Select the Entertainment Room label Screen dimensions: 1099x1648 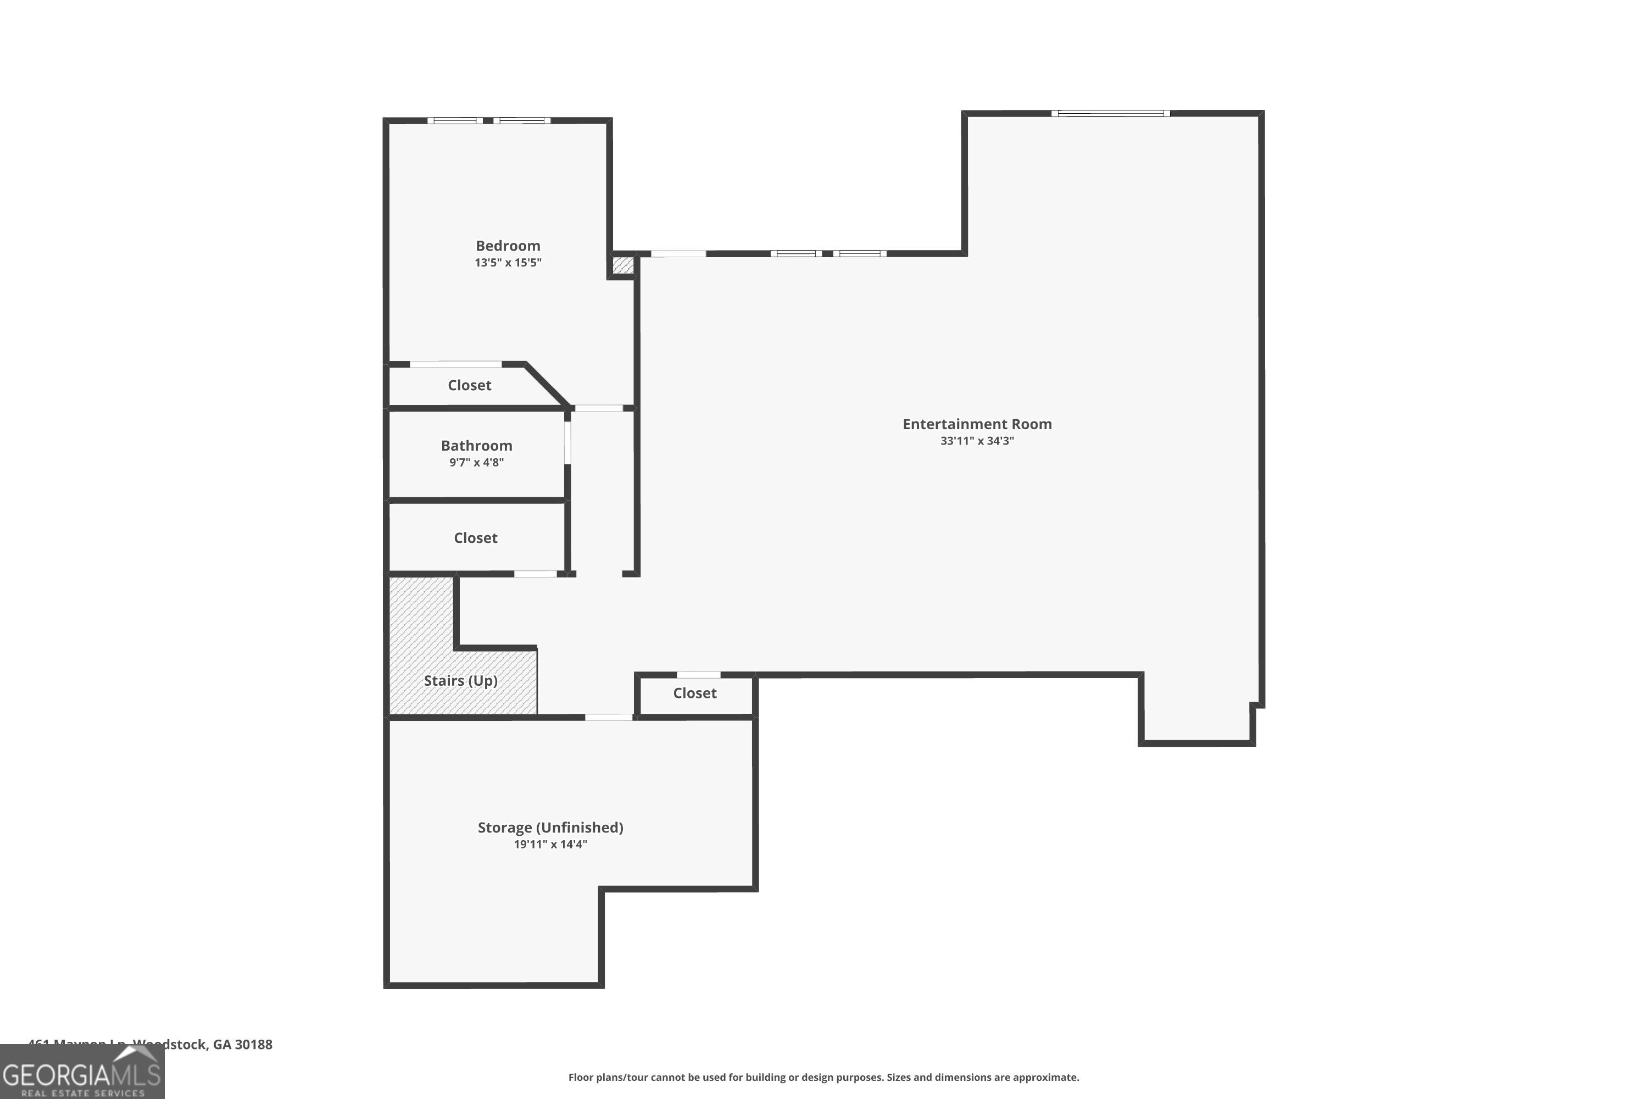[977, 424]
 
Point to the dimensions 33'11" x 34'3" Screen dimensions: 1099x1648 [977, 441]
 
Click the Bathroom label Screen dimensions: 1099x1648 [476, 446]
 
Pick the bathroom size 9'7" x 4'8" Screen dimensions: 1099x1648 [476, 463]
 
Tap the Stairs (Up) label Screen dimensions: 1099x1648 [460, 681]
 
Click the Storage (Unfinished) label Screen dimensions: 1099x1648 [550, 827]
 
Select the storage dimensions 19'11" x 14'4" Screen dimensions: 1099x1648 [550, 845]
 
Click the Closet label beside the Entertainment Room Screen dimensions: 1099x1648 [694, 693]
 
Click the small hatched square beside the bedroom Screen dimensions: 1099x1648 [623, 265]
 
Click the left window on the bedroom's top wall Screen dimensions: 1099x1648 [455, 120]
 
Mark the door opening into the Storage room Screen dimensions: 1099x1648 [608, 717]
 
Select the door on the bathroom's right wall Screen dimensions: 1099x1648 [567, 442]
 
